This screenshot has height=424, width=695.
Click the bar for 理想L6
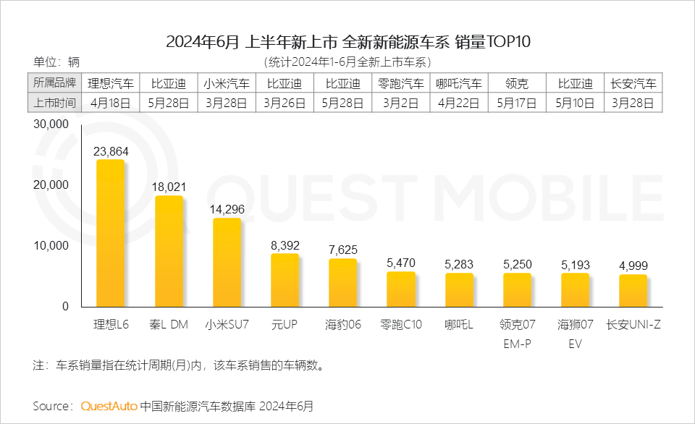[x=110, y=233]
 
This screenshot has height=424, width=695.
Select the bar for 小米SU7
[x=227, y=262]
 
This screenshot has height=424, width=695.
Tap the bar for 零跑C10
[x=401, y=289]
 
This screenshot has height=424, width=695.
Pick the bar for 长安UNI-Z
[x=633, y=290]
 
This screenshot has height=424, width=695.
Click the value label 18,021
[x=169, y=187]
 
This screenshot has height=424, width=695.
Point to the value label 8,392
[x=285, y=245]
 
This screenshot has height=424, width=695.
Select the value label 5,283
[x=459, y=264]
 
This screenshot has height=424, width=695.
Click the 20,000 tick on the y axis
[x=51, y=185]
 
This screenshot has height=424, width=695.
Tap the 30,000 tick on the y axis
[x=51, y=124]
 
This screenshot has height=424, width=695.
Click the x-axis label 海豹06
[x=342, y=325]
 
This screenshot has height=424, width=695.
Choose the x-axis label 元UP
[x=285, y=325]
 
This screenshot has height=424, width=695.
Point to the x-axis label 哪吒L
[x=459, y=325]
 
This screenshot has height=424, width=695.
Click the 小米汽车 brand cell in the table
[x=227, y=83]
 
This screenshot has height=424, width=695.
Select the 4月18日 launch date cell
[x=110, y=103]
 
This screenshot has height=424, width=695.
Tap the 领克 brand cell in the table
[x=517, y=83]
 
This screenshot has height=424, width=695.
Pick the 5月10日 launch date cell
[x=575, y=103]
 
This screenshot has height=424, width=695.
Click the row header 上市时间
[x=54, y=103]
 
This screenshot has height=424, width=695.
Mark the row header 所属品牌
[x=54, y=83]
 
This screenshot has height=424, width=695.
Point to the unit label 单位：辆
[x=57, y=62]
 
